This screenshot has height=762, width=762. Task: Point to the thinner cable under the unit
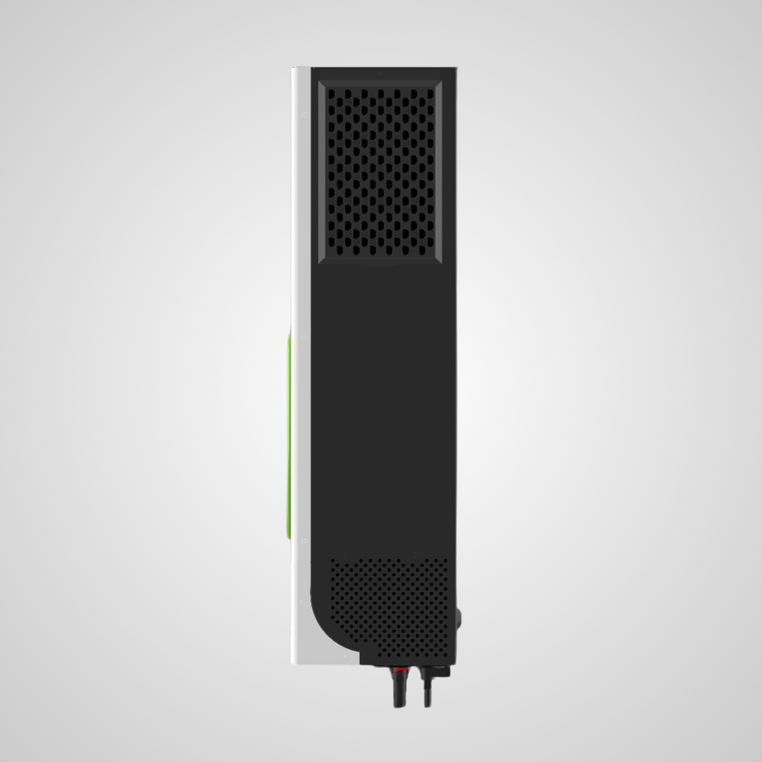[x=427, y=691]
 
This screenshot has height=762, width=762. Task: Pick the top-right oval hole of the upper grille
[x=430, y=93]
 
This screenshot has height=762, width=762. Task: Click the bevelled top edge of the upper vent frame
[x=381, y=80]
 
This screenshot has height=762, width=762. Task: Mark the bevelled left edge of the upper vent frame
[x=322, y=169]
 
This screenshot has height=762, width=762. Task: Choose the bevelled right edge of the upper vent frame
[x=440, y=169]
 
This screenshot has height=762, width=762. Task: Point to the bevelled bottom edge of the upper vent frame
[x=381, y=259]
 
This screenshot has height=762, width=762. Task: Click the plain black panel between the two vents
[x=385, y=402]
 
